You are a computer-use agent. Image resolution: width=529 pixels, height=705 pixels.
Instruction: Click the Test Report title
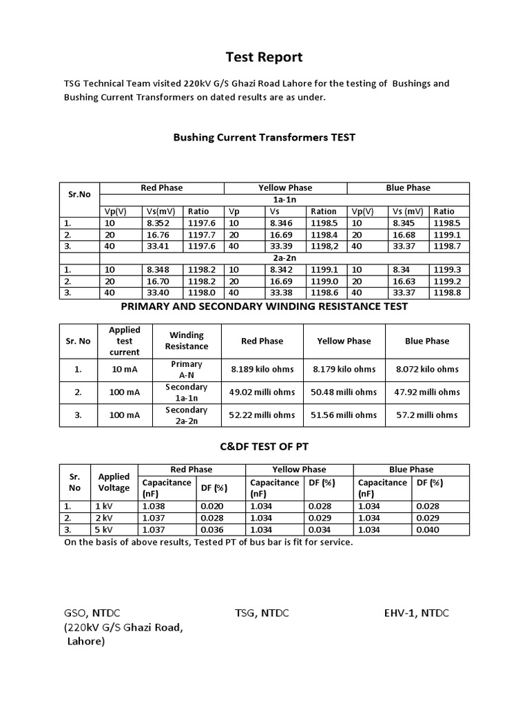coord(264,57)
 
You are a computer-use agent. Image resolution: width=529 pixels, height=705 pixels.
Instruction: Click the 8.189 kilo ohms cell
coord(262,369)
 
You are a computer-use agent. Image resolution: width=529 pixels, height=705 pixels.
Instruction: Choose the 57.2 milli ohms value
coord(427,414)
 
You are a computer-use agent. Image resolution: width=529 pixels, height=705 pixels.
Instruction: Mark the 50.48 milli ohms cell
coord(344,392)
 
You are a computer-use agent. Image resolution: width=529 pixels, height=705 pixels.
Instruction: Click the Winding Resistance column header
coord(187,341)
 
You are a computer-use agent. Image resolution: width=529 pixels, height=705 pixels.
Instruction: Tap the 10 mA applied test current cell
coord(124,369)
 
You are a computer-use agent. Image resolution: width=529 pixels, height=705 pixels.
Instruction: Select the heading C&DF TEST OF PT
coord(264,447)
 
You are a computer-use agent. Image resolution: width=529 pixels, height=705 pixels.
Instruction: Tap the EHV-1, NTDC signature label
coord(416,613)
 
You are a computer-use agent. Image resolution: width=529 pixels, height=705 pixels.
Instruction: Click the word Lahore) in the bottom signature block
coord(86,642)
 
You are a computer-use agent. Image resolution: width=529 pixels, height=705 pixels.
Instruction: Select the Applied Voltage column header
coord(114,482)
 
